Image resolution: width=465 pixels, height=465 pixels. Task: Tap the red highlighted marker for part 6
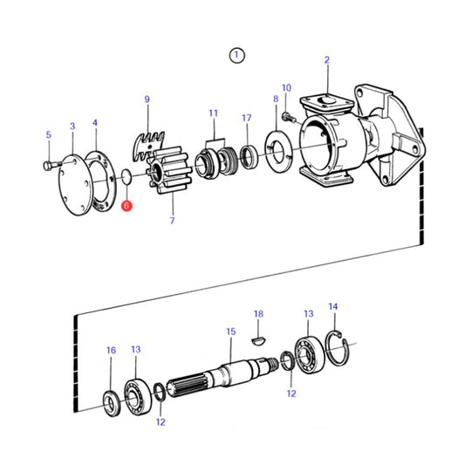(126, 207)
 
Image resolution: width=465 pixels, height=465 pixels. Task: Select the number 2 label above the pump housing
(327, 60)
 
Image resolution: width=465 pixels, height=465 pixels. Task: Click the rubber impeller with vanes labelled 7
(163, 178)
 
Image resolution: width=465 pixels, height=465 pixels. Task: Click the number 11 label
(213, 113)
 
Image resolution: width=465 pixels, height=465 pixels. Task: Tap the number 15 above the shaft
(230, 332)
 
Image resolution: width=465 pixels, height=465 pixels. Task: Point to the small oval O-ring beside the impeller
(127, 178)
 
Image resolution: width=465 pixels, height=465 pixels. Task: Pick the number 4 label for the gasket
(95, 126)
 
